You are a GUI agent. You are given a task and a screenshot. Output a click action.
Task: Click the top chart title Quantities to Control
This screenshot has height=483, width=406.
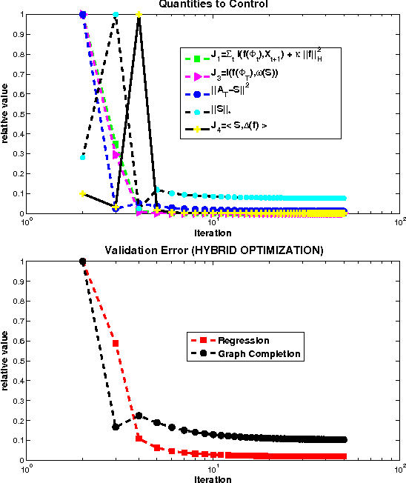coord(213,4)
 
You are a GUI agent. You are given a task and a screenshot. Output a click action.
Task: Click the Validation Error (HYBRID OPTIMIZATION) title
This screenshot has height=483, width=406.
coord(213,250)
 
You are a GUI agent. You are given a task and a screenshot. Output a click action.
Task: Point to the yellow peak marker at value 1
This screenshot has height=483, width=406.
coord(139,15)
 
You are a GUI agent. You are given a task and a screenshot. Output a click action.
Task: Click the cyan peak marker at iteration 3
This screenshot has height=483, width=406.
coord(116,15)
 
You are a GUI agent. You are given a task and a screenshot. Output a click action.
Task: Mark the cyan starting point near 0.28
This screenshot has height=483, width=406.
coord(82,157)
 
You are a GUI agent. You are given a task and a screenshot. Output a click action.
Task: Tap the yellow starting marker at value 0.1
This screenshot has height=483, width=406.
coord(82,193)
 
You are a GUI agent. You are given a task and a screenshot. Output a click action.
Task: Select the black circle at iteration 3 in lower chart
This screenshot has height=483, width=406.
coord(116,427)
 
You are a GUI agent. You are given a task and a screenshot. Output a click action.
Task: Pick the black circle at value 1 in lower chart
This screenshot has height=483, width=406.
coord(82,262)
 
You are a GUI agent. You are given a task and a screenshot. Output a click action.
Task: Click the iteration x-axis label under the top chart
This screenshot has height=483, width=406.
coord(213,231)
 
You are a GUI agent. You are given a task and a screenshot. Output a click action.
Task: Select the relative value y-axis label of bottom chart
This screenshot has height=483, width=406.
coord(6,360)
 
